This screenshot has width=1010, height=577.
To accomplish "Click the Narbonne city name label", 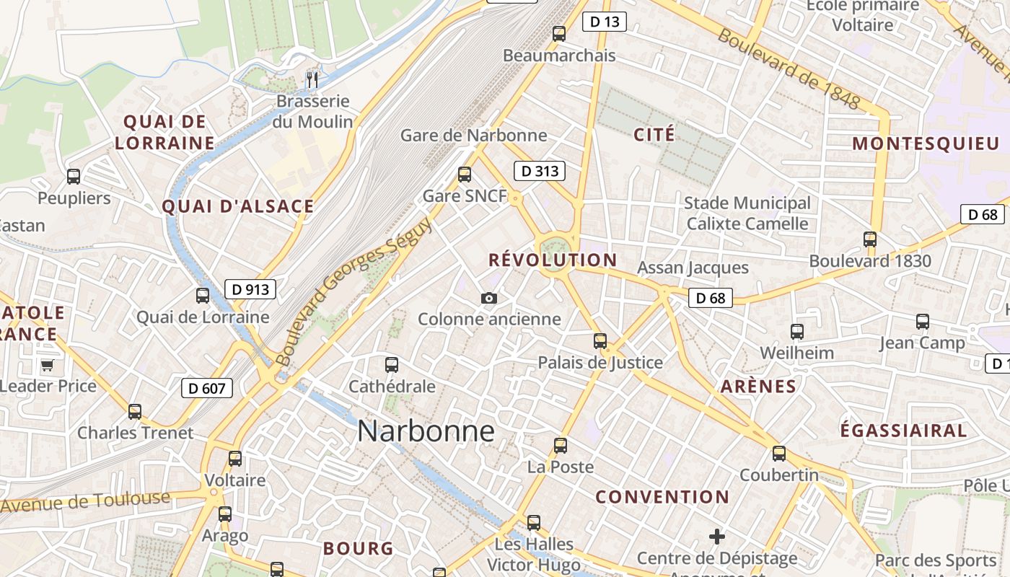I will pos(426,431).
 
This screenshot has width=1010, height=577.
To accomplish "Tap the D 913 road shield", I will pos(250,290).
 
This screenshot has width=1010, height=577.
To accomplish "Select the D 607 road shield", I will pos(207,388).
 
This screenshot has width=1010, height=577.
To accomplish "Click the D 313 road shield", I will pos(539,171).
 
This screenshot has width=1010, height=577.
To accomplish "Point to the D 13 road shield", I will pos(605,22).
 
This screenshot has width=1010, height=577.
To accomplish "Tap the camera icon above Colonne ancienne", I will pos(488,298).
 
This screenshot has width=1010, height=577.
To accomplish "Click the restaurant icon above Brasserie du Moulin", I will pos(312,79).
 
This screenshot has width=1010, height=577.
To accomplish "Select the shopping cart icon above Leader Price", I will pos(48,365).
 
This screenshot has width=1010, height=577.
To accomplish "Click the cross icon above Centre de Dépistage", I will pos(716,537).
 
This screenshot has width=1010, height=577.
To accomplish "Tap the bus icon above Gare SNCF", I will pos(465,175).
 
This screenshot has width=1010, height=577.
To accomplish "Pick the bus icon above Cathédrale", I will pos(392,365).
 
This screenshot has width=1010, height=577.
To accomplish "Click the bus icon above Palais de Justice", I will pos(600,341).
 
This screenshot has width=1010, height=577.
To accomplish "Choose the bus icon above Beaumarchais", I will pos(559,34).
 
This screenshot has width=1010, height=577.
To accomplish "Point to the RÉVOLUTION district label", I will pos(553,260).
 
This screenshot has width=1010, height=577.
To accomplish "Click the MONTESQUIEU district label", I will pos(926,144).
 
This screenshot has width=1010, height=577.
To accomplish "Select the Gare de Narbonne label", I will pos(473,136).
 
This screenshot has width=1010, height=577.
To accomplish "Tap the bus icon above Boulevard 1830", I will pos(870,239).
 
